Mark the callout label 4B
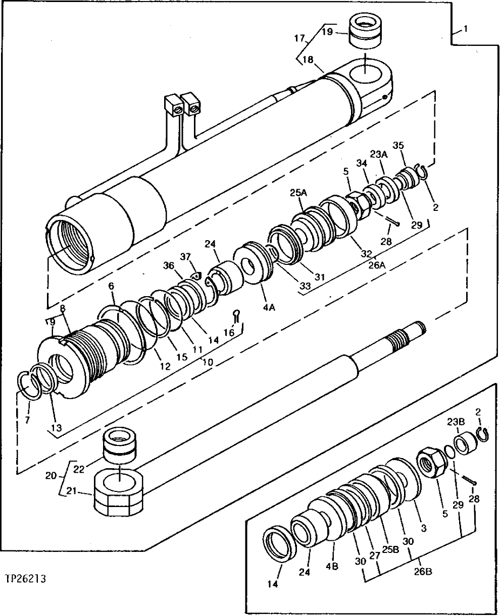(332, 566)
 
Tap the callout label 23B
(453, 421)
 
